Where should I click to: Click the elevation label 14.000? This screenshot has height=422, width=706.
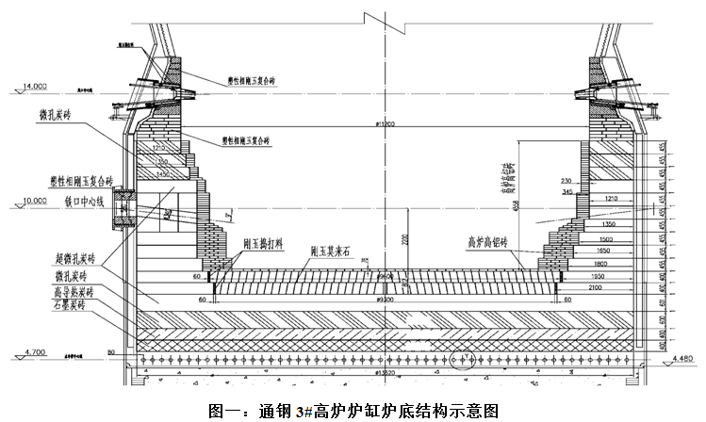(33, 87)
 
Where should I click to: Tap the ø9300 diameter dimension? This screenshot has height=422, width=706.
(384, 299)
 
